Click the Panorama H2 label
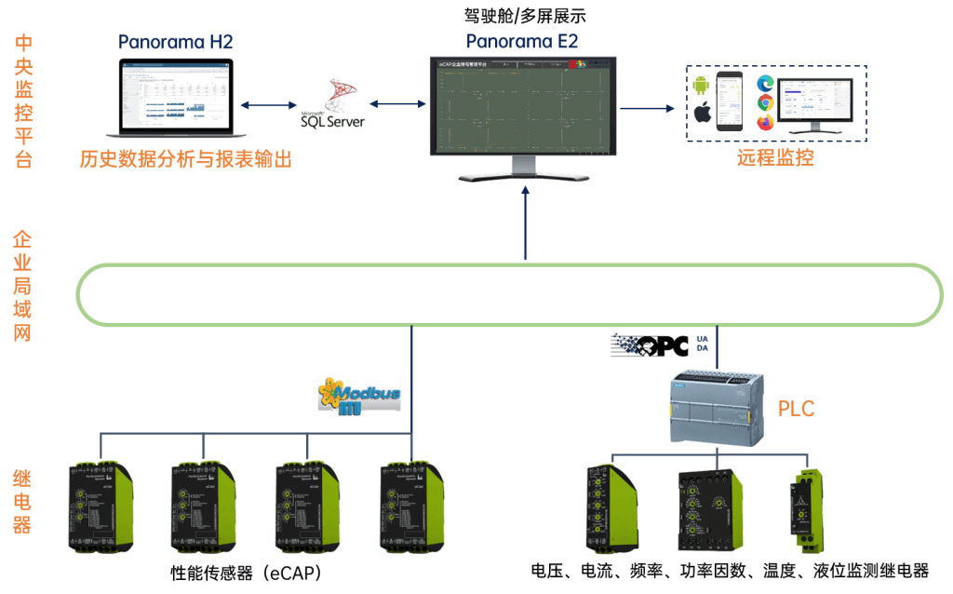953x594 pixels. click(175, 43)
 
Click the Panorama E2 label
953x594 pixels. click(522, 41)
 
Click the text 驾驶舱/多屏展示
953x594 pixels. click(525, 16)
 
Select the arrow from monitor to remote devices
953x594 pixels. click(648, 108)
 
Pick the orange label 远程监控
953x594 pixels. click(775, 157)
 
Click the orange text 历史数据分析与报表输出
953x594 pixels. click(185, 159)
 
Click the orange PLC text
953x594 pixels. click(796, 408)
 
